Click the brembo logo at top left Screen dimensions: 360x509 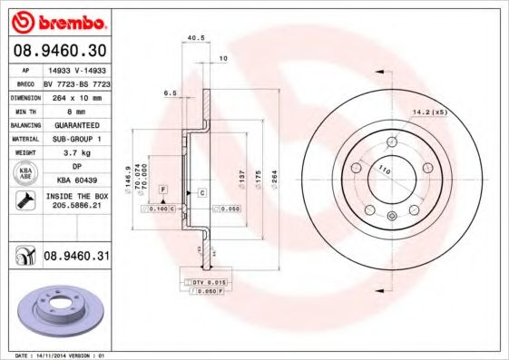tap(57, 19)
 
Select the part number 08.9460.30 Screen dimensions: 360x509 tap(59, 52)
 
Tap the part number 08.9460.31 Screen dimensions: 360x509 tap(75, 257)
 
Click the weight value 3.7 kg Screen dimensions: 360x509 tap(75, 153)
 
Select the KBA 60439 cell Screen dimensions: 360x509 tap(75, 180)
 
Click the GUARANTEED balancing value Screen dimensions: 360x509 tap(75, 124)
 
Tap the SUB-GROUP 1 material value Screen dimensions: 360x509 tap(75, 139)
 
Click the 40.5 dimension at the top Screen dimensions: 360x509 tap(192, 38)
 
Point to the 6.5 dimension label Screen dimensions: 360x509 tap(169, 93)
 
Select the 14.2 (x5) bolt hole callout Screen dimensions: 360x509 tap(429, 112)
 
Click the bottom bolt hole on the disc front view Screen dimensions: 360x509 tap(392, 215)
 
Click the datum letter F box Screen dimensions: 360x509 tap(162, 187)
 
